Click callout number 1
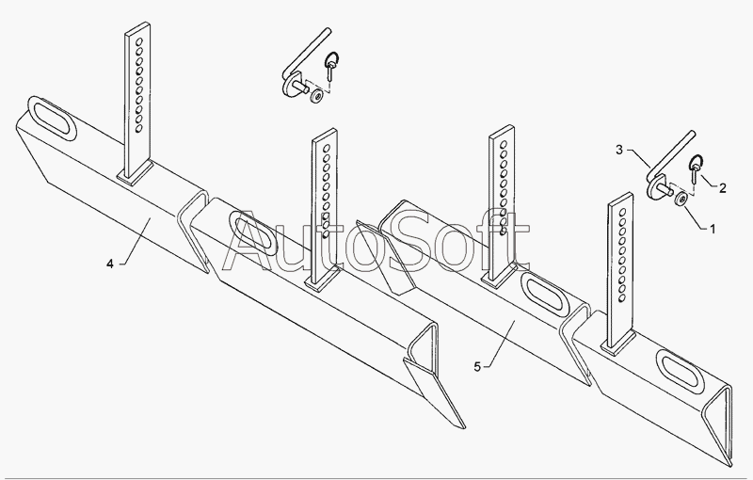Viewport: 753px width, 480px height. pos(713,228)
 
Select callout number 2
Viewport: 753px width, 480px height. pos(722,188)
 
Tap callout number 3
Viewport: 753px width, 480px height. pos(618,150)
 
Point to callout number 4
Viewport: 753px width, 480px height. pos(110,264)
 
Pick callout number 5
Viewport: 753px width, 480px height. pos(477,365)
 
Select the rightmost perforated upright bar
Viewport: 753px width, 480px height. pos(620,273)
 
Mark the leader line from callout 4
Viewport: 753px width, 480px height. pos(133,244)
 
